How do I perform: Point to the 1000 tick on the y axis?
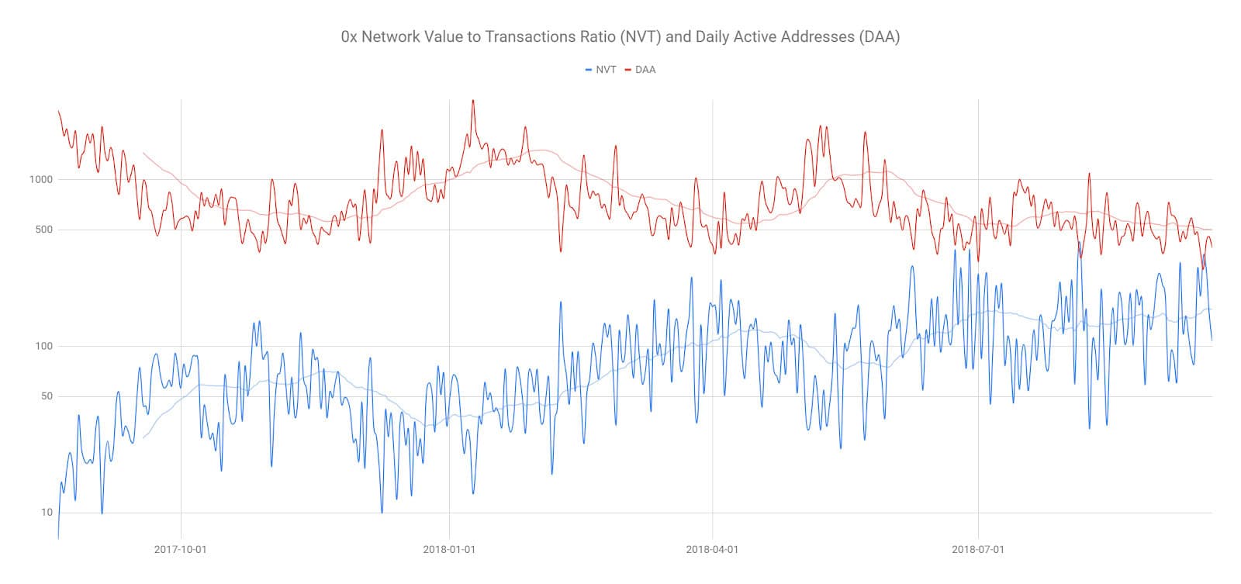40,179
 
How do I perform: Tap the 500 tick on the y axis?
43,230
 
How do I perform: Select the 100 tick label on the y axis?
43,346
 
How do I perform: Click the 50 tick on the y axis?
46,396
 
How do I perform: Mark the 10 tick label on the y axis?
47,513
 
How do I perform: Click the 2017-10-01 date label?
180,550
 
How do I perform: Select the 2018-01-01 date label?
448,550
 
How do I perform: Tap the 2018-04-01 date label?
712,550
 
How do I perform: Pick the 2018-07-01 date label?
978,550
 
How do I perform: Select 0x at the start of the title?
349,36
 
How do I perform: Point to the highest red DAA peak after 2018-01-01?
473,100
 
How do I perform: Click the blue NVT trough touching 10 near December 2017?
382,512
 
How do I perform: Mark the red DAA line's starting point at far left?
58,111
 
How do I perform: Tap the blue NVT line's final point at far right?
1212,340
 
